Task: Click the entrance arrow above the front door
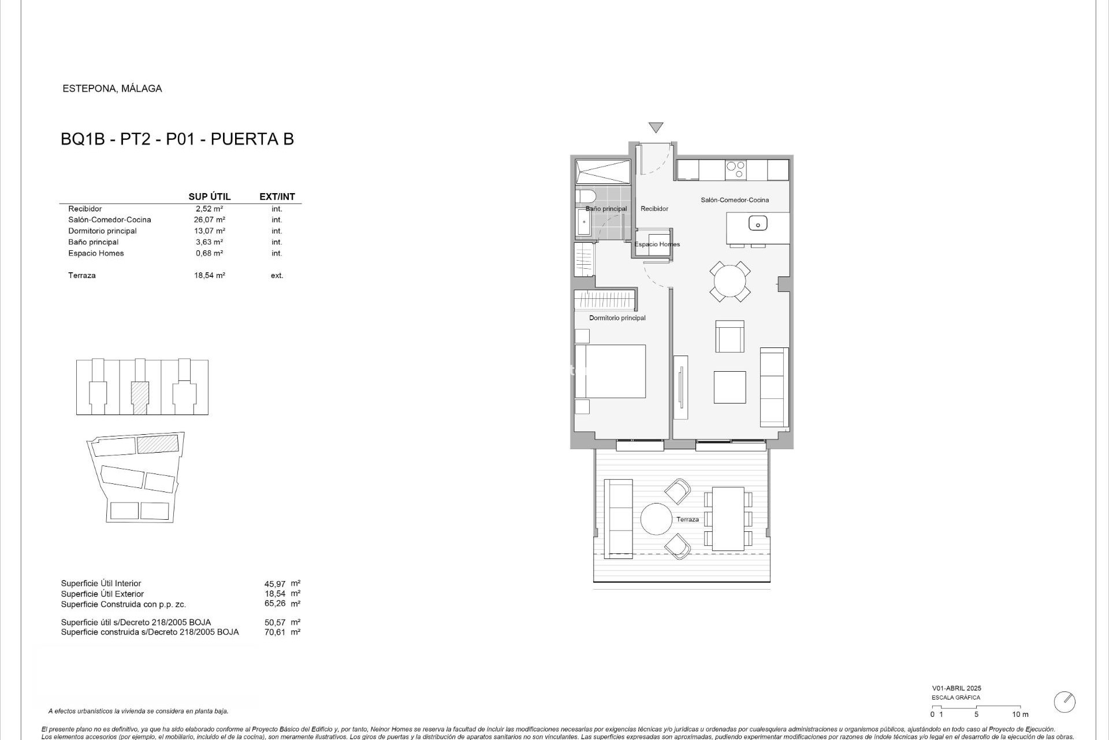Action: click(656, 127)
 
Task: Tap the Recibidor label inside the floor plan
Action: click(654, 209)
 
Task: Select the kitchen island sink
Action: click(757, 223)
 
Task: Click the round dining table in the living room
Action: click(730, 282)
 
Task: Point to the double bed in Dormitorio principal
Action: click(610, 371)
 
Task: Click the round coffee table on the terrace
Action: click(656, 519)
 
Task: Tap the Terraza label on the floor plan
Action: click(687, 519)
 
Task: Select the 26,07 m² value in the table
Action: click(209, 220)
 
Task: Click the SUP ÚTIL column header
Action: click(209, 197)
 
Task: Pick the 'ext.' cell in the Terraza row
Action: click(277, 276)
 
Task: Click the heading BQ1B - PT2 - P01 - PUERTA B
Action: click(177, 139)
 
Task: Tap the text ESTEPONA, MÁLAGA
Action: click(112, 88)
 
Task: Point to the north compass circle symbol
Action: click(1064, 702)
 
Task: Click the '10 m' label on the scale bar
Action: click(1020, 715)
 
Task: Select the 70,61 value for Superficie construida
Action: click(275, 632)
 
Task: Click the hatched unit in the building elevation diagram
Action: click(140, 397)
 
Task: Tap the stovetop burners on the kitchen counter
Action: click(735, 170)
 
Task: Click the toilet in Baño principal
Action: click(583, 196)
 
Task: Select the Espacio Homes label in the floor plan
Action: click(657, 245)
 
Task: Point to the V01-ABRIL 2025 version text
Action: click(956, 688)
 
